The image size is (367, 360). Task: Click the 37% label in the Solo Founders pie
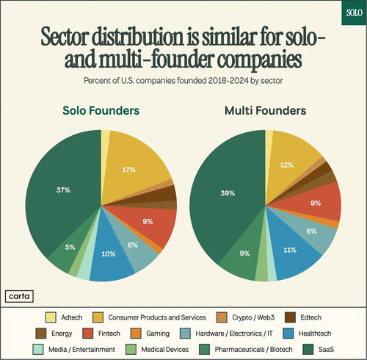coord(63,190)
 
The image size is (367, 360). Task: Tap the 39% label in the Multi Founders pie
coord(228,193)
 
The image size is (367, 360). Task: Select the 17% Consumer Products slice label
coord(129,170)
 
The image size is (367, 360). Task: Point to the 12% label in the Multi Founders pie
coord(286,165)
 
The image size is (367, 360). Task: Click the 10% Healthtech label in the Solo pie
coord(109,254)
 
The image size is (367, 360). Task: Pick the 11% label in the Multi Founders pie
coord(290,250)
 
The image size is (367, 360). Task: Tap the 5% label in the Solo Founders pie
coord(70,248)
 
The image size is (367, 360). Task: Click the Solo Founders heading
coord(101,110)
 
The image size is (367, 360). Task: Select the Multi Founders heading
coord(265,110)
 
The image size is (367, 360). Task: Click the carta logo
coord(19,296)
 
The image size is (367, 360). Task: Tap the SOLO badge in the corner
coord(355,12)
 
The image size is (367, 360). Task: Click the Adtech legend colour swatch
coord(51,317)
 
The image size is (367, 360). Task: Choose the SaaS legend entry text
coord(326,350)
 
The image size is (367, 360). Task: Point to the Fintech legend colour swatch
coord(88,334)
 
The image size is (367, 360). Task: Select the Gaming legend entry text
coord(158,334)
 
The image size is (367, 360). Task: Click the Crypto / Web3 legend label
coord(253,317)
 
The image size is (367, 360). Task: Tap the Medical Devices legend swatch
coord(131,350)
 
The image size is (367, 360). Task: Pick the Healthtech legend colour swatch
coord(288,334)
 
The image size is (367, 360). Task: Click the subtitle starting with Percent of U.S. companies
coord(183,81)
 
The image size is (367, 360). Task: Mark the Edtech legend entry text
coord(310,317)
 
